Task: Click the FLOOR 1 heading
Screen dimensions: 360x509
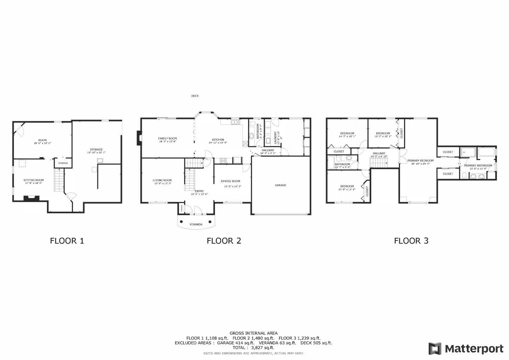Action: (x=67, y=241)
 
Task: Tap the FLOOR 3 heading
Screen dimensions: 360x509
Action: (x=411, y=241)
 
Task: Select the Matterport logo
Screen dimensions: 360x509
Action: (x=466, y=349)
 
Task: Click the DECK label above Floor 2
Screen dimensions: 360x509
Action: (x=195, y=96)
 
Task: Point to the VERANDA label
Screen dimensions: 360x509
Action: (x=196, y=224)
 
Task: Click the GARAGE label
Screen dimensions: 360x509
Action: (x=280, y=185)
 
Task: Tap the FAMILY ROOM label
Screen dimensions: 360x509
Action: (x=167, y=138)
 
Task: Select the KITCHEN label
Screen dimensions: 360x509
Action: (x=218, y=140)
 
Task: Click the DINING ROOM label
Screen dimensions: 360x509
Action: (x=230, y=181)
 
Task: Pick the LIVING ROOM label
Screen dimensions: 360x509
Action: (x=162, y=180)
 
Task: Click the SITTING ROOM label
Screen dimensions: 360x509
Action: (x=34, y=180)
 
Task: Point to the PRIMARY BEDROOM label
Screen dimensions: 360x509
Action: (x=420, y=161)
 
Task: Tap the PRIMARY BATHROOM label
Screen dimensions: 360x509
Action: (x=478, y=165)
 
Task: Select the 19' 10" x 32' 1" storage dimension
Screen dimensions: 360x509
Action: (x=96, y=153)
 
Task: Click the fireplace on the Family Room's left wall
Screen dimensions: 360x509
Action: (x=138, y=138)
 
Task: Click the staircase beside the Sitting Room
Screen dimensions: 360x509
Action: (x=59, y=180)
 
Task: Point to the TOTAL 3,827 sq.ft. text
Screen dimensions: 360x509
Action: (x=253, y=347)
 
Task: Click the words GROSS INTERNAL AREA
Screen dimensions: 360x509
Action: (x=253, y=333)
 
